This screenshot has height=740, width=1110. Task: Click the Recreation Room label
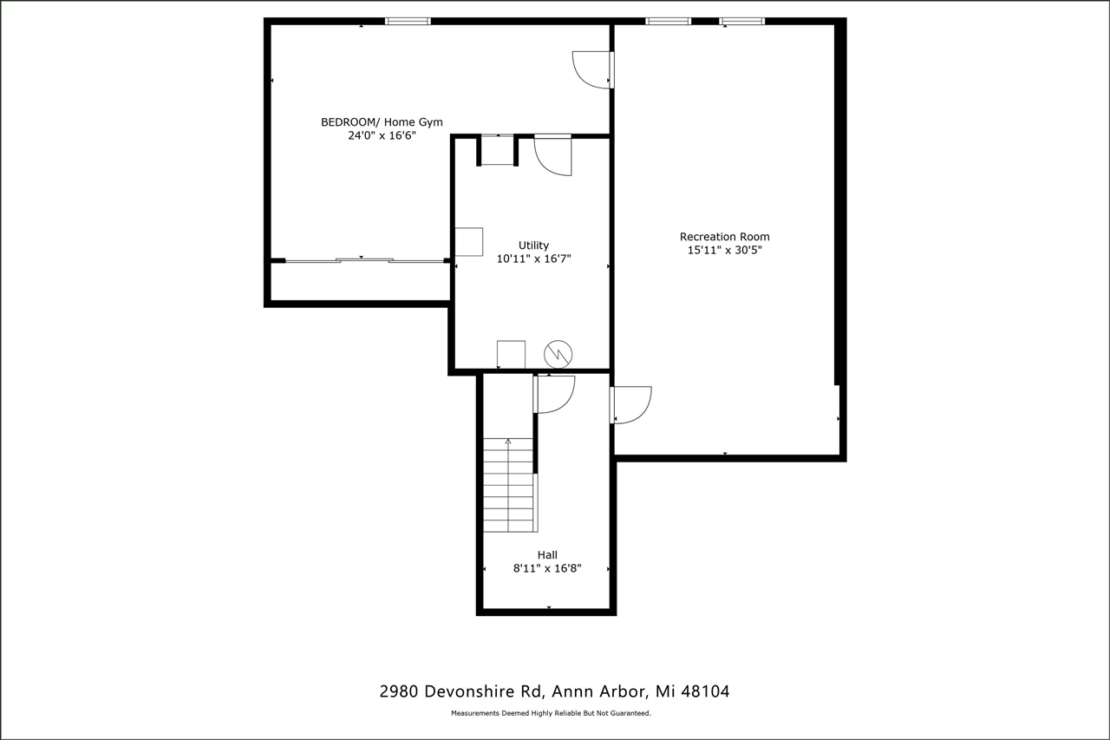point(724,237)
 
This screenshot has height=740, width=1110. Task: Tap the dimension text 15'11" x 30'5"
point(724,251)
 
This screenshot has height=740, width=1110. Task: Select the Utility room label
point(533,246)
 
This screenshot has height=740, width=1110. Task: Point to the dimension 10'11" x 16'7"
point(533,259)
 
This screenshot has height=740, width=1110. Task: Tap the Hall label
point(547,555)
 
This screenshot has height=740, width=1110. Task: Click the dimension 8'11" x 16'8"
point(547,569)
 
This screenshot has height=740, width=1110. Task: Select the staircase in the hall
point(509,485)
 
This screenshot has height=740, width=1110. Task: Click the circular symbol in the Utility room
point(558,353)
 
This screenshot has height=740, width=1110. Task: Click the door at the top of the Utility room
point(553,154)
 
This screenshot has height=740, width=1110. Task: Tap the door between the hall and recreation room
point(630,405)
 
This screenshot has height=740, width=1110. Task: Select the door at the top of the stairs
point(554,394)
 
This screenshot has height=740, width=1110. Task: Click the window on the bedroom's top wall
point(408,21)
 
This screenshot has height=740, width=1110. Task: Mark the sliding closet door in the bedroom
point(364,259)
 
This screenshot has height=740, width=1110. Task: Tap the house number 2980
point(401,691)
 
